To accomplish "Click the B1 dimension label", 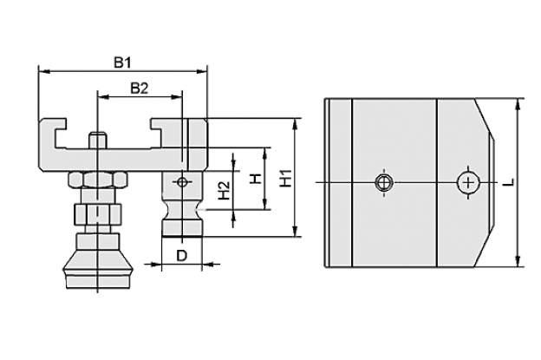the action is pos(123,63).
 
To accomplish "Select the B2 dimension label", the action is pos(140,88).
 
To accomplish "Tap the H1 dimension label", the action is pos(286,178).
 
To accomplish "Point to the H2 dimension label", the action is pos(225,190).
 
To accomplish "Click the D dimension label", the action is pos(181,256).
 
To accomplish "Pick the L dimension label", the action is pos(509,182).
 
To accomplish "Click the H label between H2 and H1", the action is pos(256,179).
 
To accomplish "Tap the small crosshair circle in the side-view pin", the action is pos(182,182).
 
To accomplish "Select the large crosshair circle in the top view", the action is pos(467,182).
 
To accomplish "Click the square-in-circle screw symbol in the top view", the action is pos(384,182).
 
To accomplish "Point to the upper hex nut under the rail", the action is pos(98,180).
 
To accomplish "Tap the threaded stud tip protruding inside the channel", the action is pos(98,140).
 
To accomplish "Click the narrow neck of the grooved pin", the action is pos(182,209).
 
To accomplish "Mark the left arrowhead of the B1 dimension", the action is pos(44,71).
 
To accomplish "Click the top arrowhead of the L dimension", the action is pos(518,105).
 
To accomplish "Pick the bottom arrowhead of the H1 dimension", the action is pos(294,231).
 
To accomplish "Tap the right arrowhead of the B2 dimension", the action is pos(176,97).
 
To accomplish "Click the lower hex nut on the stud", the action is pos(98,214).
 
